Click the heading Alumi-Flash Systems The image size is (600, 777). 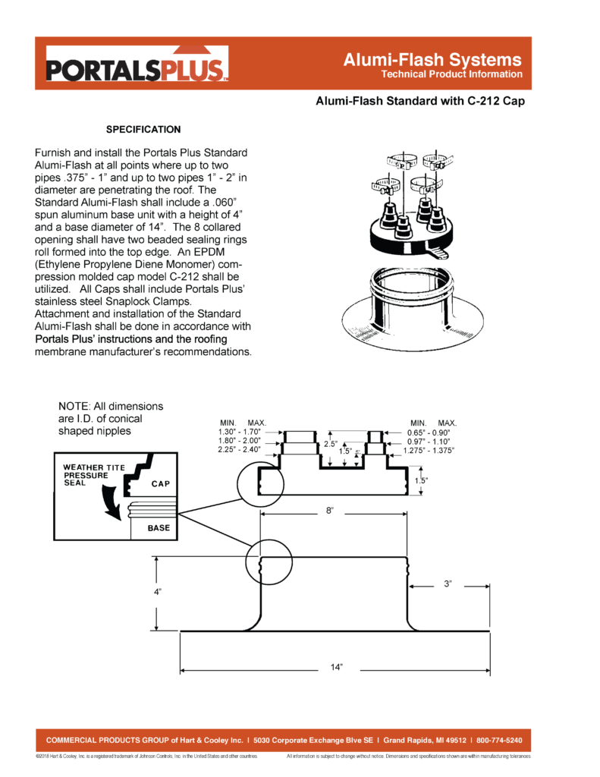click(x=432, y=59)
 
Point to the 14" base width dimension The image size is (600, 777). click(x=337, y=667)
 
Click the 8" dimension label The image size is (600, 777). click(x=330, y=511)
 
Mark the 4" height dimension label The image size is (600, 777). click(x=157, y=590)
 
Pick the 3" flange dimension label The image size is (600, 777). click(x=448, y=584)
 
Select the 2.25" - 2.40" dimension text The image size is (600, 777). click(x=240, y=450)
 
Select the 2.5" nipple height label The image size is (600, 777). click(x=330, y=443)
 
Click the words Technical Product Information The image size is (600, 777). click(x=452, y=74)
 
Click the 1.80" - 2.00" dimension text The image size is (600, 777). click(x=240, y=441)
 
